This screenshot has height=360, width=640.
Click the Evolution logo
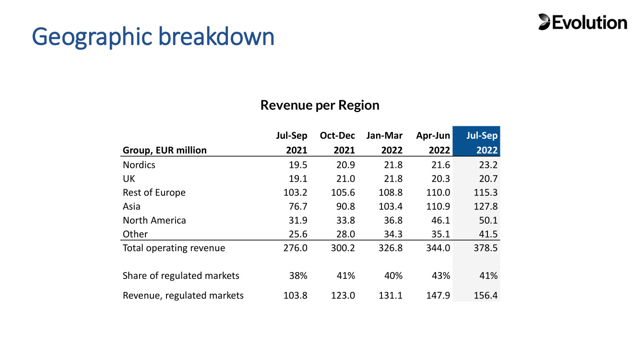click(582, 22)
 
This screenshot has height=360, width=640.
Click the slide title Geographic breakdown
click(153, 36)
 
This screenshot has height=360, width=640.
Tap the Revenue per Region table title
click(320, 105)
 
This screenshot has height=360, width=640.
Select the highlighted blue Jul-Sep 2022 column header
click(476, 141)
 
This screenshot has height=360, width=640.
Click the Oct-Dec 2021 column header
click(337, 143)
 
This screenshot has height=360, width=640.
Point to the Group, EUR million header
click(165, 150)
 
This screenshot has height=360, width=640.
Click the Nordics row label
click(139, 165)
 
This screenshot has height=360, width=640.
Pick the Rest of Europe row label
click(154, 192)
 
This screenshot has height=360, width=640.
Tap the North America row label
click(154, 220)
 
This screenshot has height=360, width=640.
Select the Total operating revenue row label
click(174, 248)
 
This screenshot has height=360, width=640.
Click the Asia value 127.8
click(486, 206)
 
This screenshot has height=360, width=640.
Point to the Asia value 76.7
click(298, 206)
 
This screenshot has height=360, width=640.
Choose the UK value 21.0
click(345, 179)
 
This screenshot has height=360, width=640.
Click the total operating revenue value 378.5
click(486, 248)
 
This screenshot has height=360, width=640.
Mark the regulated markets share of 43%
click(441, 276)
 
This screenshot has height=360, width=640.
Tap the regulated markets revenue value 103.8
click(295, 295)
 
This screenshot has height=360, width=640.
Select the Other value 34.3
click(393, 234)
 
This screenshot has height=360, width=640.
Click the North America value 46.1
click(440, 220)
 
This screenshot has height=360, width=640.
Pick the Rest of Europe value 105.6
click(343, 192)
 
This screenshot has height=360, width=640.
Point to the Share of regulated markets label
click(181, 276)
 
